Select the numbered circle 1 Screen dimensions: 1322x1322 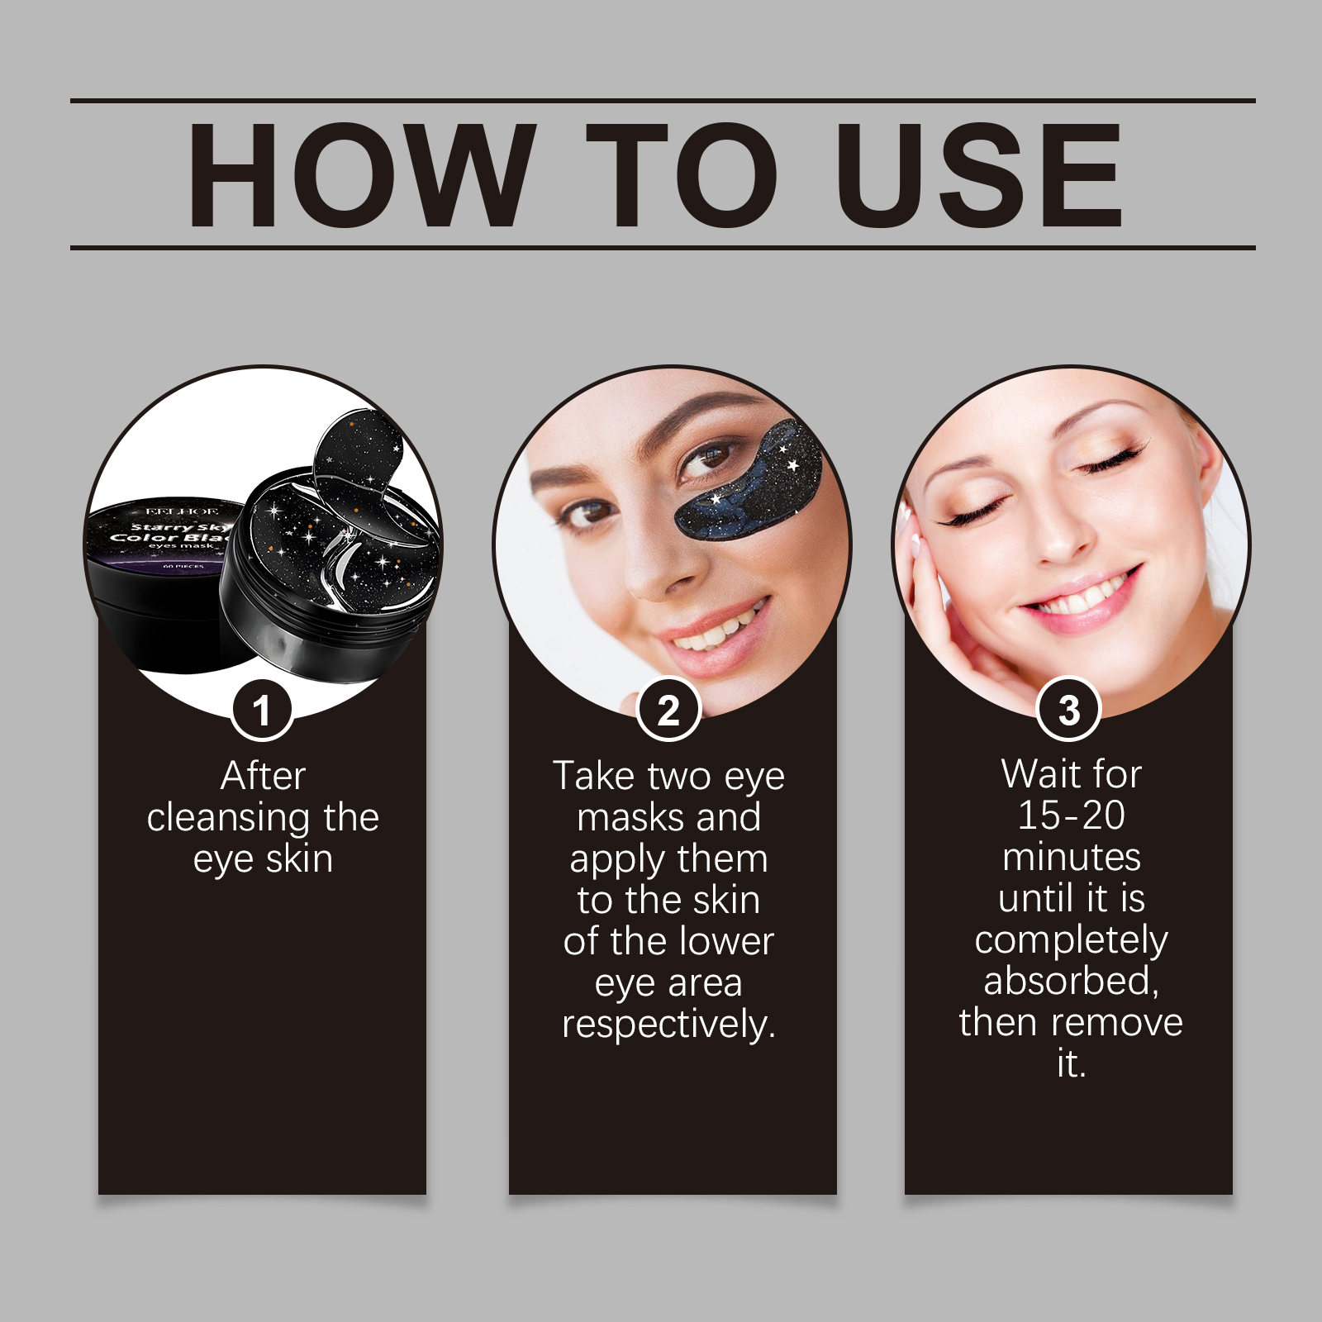262,710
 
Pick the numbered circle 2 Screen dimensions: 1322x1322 668,710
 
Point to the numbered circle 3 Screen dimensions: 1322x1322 1069,710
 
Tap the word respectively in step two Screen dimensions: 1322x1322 668,1025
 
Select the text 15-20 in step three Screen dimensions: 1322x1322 1071,816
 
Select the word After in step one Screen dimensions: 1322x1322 263,776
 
